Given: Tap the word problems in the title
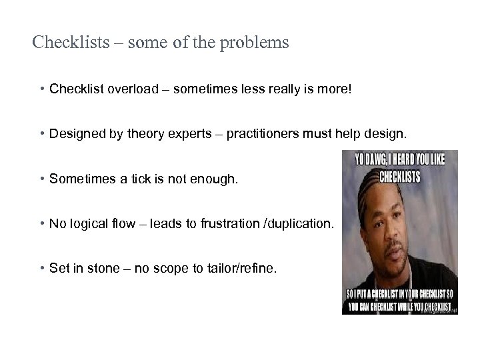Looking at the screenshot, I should pos(257,44).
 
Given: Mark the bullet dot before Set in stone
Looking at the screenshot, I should pos(42,269).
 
